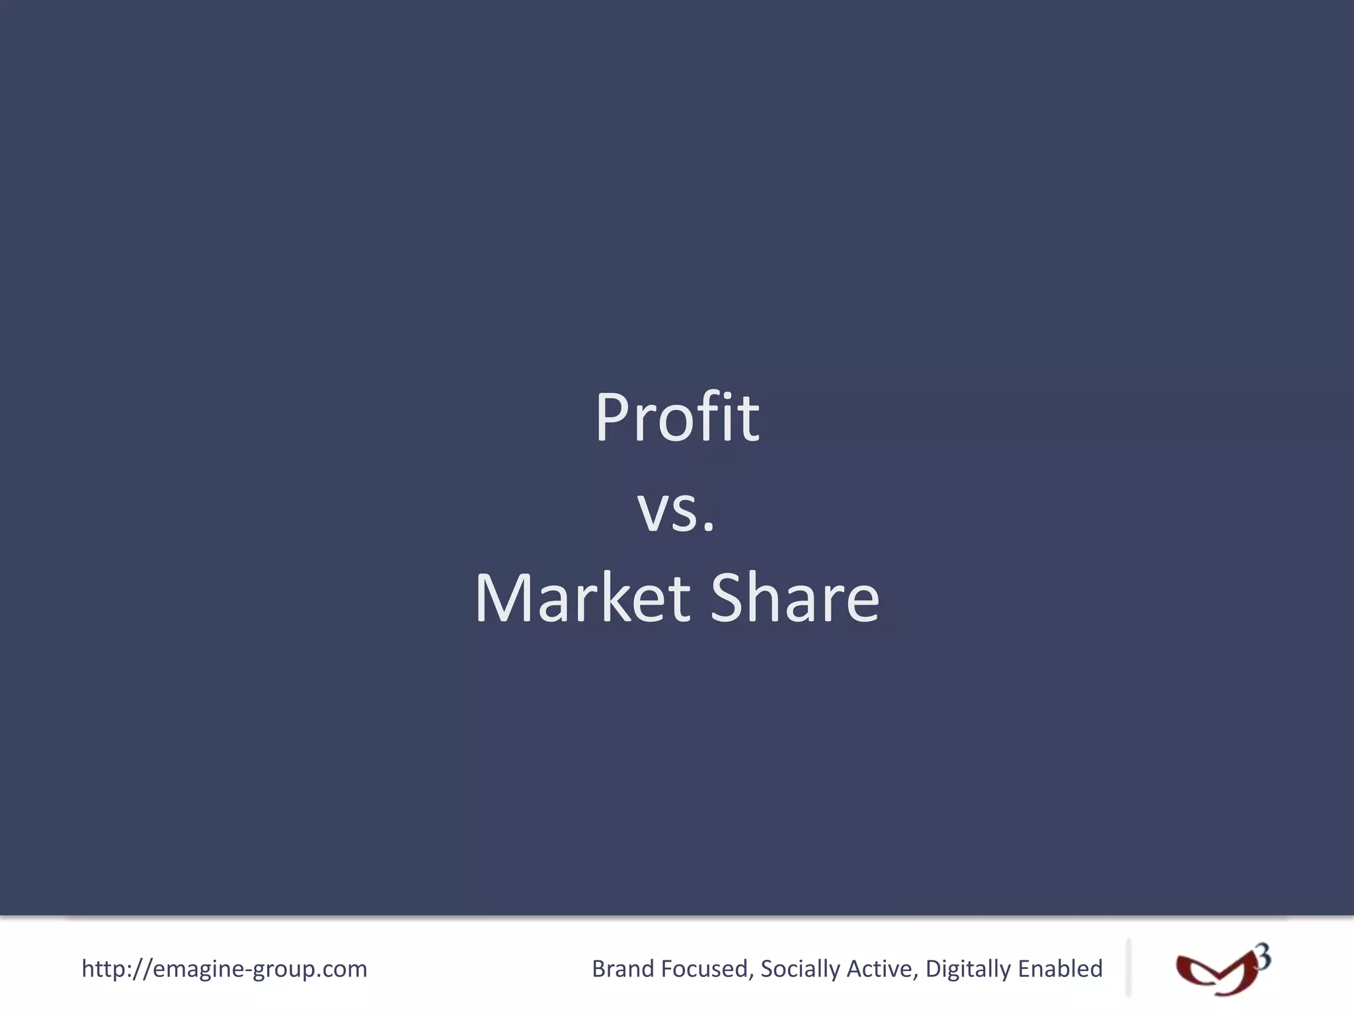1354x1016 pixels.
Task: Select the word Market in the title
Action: point(582,598)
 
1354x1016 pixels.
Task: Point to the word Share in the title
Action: point(795,598)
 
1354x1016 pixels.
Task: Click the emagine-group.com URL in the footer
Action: point(224,969)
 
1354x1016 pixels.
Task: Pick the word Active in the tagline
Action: point(882,969)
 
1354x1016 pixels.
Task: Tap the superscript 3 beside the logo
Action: point(1263,957)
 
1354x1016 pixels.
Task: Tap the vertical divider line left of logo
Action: point(1128,967)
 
